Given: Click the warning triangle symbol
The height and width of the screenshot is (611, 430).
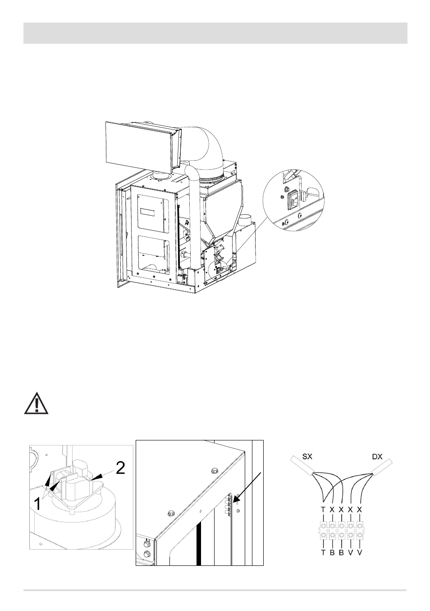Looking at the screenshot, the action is tap(36, 404).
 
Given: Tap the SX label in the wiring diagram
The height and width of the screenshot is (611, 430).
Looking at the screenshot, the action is tap(307, 456).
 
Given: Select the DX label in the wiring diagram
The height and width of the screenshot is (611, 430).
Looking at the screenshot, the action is tap(377, 456).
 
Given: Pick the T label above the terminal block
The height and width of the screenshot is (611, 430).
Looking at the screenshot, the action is tap(323, 509).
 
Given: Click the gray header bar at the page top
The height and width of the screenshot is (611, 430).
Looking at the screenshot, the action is tap(215, 33).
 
